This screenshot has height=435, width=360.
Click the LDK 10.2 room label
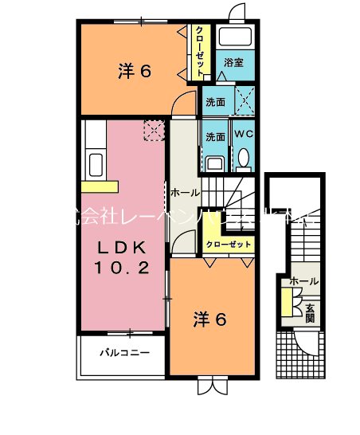(123, 256)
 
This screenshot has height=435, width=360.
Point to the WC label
(243, 134)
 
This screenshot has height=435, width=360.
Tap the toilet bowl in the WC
(244, 158)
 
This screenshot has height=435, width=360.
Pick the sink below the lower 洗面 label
(213, 164)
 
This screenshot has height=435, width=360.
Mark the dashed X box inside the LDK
(152, 130)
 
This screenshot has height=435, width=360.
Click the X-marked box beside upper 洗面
(243, 101)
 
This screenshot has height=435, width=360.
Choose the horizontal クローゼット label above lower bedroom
(229, 245)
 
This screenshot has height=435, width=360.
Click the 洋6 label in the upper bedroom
(135, 71)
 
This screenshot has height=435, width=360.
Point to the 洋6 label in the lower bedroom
(211, 319)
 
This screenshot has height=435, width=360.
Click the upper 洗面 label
(215, 103)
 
